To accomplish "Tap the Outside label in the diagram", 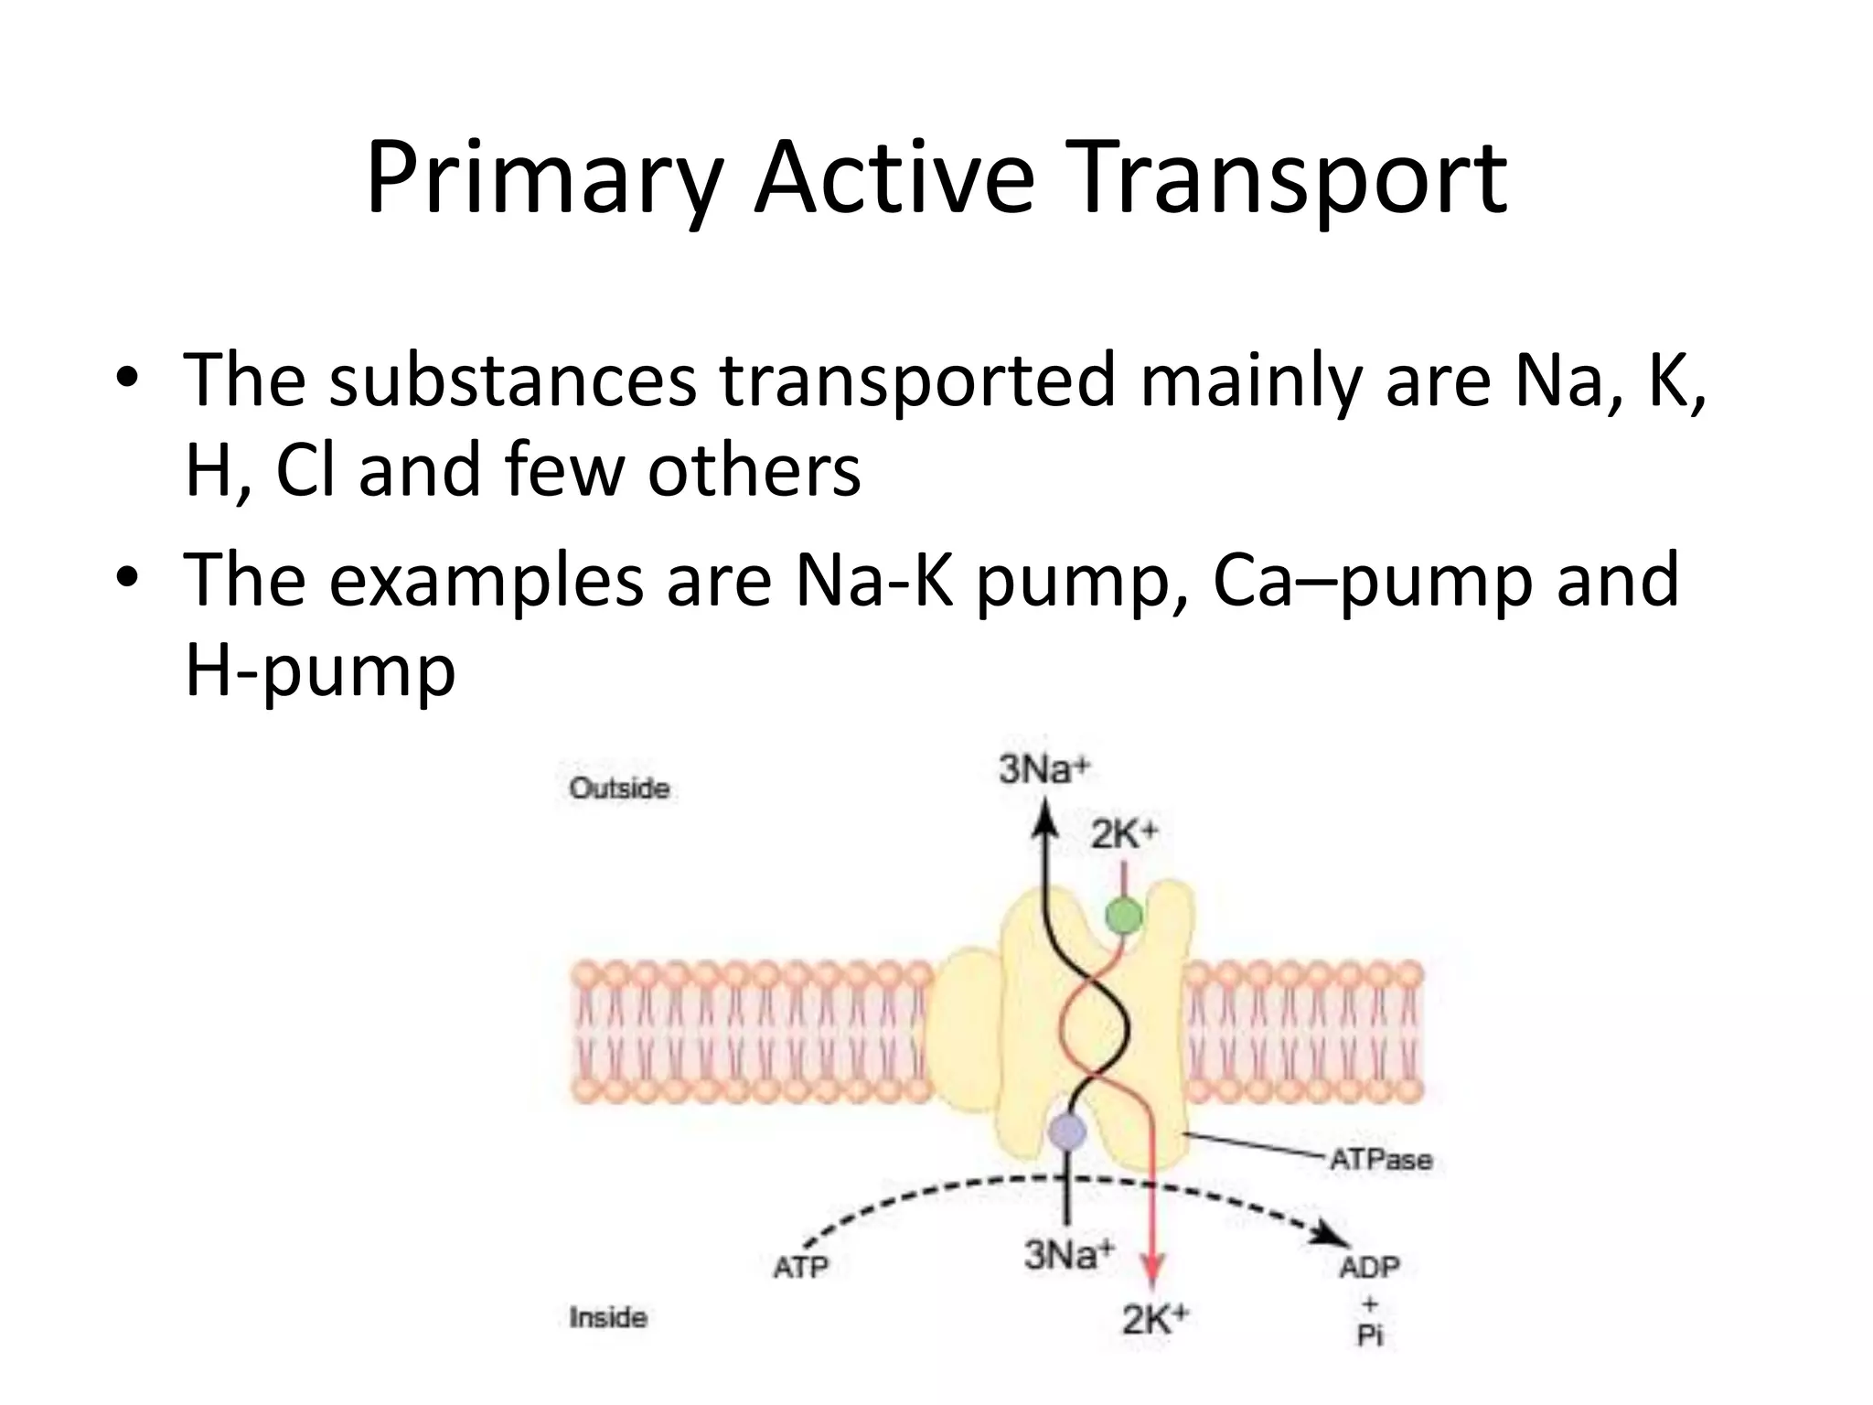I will point(619,788).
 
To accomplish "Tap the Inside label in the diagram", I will point(608,1317).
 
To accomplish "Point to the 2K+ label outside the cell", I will point(1125,833).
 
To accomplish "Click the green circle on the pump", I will point(1124,916).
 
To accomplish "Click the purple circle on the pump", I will point(1066,1132).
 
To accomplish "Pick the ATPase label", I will point(1380,1160).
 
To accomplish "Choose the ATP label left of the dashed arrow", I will point(800,1267).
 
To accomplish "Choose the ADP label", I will point(1369,1267).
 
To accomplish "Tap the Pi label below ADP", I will point(1370,1335).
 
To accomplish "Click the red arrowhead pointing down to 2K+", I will point(1153,1271).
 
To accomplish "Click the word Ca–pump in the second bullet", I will point(1372,580).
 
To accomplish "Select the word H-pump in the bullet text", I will point(320,671).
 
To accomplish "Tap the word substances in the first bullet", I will point(512,380).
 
